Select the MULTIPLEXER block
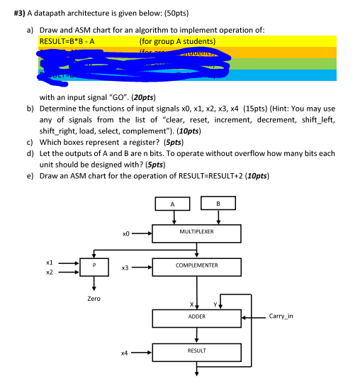coord(197,232)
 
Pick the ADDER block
coord(197,316)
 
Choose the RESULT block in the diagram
coord(197,351)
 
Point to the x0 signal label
coord(126,232)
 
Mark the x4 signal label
coord(126,351)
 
